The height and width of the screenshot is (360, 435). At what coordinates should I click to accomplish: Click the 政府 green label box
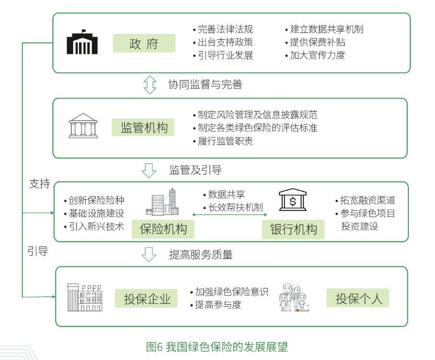point(144,43)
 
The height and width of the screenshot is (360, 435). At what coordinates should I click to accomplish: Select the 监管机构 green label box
point(143,127)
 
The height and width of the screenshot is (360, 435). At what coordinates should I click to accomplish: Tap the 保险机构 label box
point(163,229)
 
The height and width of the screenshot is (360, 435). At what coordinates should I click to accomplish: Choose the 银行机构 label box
point(293,229)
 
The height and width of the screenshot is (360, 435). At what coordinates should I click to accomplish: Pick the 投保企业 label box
point(146,298)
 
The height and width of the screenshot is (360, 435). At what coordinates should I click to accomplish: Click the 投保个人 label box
point(358,298)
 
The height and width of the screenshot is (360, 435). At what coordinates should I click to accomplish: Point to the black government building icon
point(82,42)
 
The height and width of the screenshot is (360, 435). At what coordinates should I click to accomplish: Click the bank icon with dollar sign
point(293,199)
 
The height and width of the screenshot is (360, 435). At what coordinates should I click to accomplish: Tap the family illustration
point(294,298)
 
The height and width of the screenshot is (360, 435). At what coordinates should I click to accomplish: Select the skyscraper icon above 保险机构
point(162,201)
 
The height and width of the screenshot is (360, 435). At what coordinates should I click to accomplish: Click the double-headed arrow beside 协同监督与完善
point(150,85)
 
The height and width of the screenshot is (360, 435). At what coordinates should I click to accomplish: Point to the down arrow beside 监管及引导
point(149,170)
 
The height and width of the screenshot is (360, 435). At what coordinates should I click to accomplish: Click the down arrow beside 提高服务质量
point(149,254)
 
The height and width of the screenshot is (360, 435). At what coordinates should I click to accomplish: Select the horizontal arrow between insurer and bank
point(230,215)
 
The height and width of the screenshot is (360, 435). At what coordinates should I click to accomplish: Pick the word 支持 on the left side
point(39,184)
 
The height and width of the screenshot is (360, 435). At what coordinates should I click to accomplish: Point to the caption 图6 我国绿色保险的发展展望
point(217,347)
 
